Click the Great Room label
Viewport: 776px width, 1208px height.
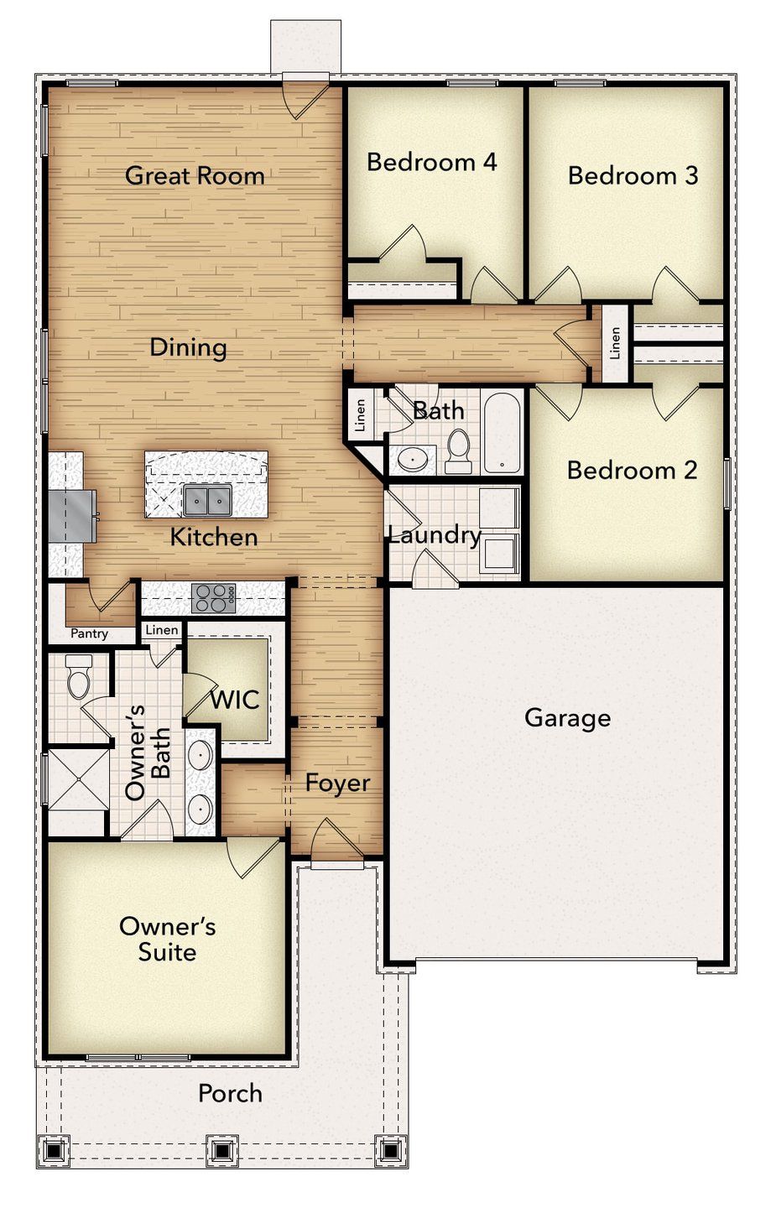click(x=195, y=175)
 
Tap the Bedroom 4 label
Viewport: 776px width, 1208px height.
click(x=431, y=161)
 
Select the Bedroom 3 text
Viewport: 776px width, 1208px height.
click(x=633, y=175)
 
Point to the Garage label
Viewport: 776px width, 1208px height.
click(x=567, y=718)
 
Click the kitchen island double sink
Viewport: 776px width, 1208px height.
click(x=207, y=502)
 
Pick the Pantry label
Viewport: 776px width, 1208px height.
click(x=89, y=633)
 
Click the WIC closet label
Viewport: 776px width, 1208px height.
click(x=234, y=699)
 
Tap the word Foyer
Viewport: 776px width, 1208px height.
click(x=337, y=784)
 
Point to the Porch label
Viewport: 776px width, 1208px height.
click(x=230, y=1093)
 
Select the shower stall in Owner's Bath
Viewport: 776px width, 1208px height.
click(x=78, y=780)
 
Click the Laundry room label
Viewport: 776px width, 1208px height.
click(x=434, y=534)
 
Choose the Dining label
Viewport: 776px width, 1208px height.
click(x=188, y=347)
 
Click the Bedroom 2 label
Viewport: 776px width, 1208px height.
click(x=632, y=470)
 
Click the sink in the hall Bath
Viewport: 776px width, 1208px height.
click(x=413, y=459)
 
